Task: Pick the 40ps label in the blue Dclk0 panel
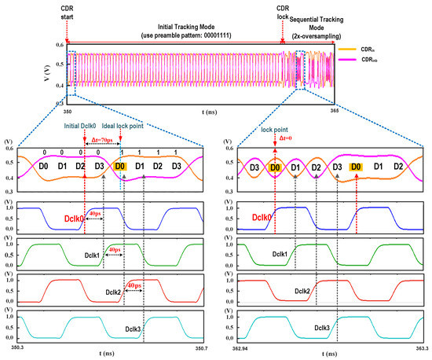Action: pyautogui.click(x=94, y=213)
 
